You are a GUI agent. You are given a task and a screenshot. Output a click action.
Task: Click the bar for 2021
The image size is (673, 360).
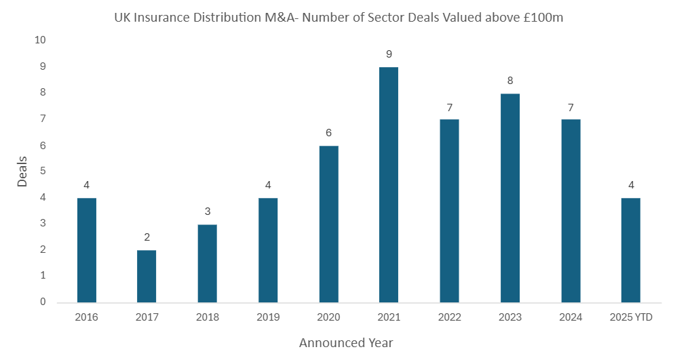click(x=389, y=184)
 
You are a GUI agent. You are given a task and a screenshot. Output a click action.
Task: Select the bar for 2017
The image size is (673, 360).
click(x=147, y=276)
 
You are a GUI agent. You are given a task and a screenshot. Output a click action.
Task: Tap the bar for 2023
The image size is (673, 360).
click(x=510, y=197)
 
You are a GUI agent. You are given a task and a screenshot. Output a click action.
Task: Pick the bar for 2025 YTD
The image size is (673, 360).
click(x=631, y=249)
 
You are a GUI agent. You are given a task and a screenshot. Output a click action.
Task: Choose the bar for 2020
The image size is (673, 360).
click(x=328, y=224)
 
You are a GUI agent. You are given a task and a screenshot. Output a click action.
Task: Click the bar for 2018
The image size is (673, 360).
click(x=207, y=263)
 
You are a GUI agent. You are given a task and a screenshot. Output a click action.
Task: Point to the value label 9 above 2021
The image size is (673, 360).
click(x=389, y=54)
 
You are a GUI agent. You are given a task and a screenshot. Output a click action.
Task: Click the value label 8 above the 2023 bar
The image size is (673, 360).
click(x=510, y=81)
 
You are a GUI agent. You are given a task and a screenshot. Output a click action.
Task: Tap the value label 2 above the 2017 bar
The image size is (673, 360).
click(x=147, y=237)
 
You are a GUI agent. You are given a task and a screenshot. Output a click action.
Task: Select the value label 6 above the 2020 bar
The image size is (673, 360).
click(x=328, y=133)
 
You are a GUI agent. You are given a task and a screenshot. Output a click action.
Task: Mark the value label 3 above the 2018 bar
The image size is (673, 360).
click(x=207, y=212)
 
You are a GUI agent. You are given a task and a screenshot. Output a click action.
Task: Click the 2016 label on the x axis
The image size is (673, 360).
click(x=86, y=317)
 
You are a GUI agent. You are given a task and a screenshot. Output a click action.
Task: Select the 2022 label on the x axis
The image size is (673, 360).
click(x=449, y=317)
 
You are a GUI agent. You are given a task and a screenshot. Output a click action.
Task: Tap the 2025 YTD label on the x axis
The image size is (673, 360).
click(x=631, y=317)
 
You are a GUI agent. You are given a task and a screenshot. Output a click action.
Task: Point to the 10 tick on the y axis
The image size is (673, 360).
click(x=40, y=40)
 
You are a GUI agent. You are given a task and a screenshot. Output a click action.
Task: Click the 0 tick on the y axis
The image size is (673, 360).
click(x=43, y=302)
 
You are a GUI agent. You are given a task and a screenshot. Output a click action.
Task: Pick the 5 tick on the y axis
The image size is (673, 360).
click(x=43, y=171)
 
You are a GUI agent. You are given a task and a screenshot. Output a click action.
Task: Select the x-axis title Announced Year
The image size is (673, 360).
click(x=346, y=342)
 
